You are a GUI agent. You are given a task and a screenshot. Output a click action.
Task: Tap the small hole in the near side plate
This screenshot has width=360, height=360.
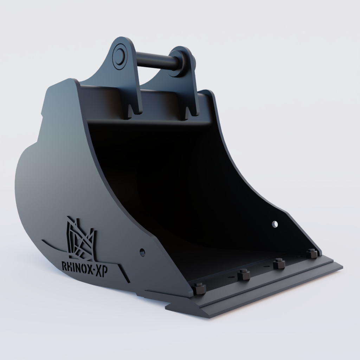click(x=142, y=252)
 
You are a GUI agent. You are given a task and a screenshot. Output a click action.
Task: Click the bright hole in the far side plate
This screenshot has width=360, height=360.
click(x=275, y=224)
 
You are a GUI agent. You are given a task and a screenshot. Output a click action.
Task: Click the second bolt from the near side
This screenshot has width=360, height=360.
click(x=243, y=274)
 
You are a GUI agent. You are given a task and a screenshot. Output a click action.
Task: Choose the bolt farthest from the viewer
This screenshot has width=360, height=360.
click(x=311, y=253)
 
